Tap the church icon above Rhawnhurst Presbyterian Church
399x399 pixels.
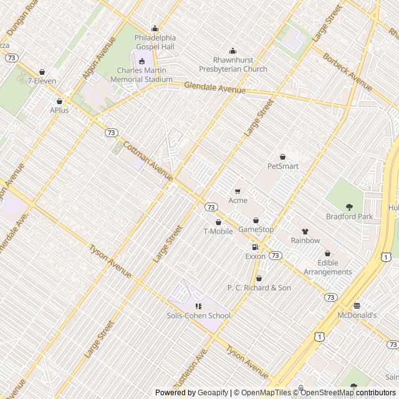coord(233,51)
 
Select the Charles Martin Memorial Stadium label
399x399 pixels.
coord(141,75)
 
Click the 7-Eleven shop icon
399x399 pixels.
coord(42,72)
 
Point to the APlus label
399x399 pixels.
coord(59,110)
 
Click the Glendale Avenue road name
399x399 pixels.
coord(214,90)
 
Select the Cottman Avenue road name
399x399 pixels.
coord(148,159)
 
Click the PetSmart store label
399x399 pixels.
coord(283,166)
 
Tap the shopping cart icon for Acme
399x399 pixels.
coord(238,191)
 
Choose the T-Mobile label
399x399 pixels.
coord(218,232)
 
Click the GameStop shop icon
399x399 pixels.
coord(256,221)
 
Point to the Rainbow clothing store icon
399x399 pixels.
coord(305,231)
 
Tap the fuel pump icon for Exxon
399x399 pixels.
coord(255,247)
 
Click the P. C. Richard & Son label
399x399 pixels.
coord(259,288)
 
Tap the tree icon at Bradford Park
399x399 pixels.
coord(349,207)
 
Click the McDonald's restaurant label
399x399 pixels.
coord(357,315)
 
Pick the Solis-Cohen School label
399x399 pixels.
coord(198,315)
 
